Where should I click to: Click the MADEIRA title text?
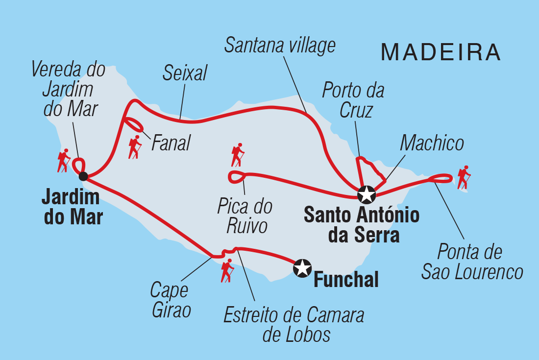(441, 52)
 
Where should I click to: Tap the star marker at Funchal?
(302, 268)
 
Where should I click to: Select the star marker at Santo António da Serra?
(366, 194)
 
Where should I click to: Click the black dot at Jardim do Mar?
(83, 176)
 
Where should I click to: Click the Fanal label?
(171, 144)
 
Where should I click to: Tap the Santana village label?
(280, 45)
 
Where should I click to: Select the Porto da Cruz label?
(353, 100)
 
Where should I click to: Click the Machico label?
(432, 144)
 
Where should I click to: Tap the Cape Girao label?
(170, 300)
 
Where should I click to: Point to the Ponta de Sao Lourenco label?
(472, 262)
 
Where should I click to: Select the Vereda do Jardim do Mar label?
(68, 89)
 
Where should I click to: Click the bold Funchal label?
(346, 280)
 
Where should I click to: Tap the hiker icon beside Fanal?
(135, 147)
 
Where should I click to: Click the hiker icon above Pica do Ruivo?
(238, 155)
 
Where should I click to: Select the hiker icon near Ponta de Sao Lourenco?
(464, 177)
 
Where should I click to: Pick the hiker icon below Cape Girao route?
(227, 271)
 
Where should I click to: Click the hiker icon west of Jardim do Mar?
(63, 161)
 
